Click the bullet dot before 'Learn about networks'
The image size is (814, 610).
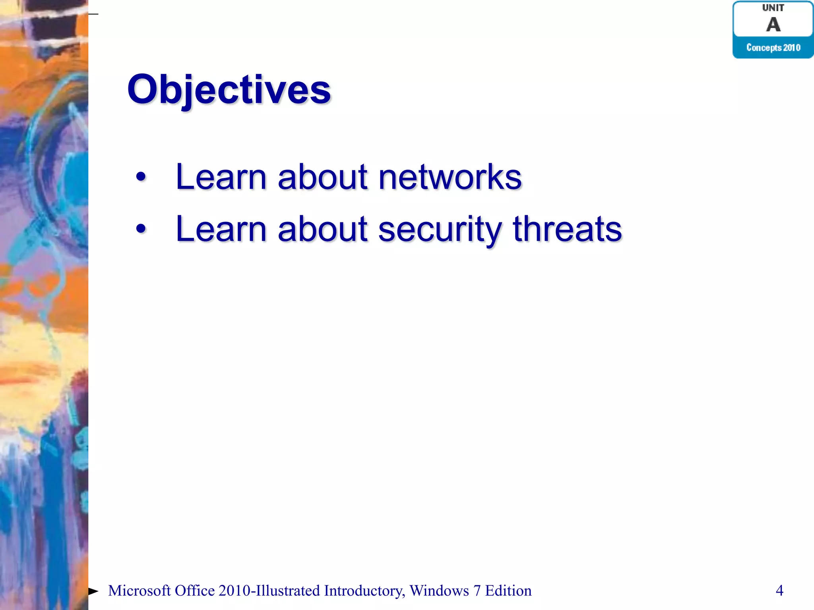[x=141, y=177]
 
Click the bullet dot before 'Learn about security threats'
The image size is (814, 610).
[x=141, y=229]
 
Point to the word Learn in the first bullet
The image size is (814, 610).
[x=221, y=177]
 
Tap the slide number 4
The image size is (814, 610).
[x=779, y=591]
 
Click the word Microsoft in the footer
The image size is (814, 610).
[x=139, y=591]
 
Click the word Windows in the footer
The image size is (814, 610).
[x=439, y=591]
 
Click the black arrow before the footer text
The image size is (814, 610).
[x=93, y=591]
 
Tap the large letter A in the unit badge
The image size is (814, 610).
[x=773, y=25]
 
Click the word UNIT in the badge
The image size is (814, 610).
[x=773, y=8]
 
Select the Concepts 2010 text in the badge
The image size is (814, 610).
[x=773, y=48]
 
